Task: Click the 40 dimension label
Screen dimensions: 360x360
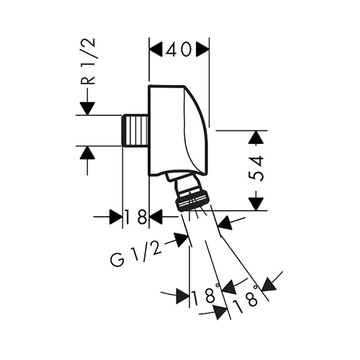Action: tap(179, 50)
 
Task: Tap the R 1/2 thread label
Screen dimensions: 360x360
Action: tap(88, 61)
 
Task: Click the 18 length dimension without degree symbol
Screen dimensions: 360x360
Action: tap(135, 217)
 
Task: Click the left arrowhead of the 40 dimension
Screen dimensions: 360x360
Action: tap(156, 50)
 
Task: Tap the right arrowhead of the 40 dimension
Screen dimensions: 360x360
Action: tap(202, 50)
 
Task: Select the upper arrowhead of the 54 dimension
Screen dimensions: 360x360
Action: tap(256, 138)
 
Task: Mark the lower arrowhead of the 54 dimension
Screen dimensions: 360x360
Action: tap(256, 204)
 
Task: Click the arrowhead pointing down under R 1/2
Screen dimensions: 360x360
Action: tap(88, 109)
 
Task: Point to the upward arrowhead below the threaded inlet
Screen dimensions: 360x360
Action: tap(88, 153)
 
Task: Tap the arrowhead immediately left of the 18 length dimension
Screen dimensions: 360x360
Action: tap(116, 217)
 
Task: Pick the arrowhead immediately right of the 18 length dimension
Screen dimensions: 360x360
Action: tap(156, 217)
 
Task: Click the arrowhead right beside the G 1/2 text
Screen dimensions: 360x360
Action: tap(181, 240)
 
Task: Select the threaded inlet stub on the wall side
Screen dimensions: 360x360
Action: tap(135, 130)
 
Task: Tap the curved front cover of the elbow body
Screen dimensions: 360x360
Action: tap(196, 130)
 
